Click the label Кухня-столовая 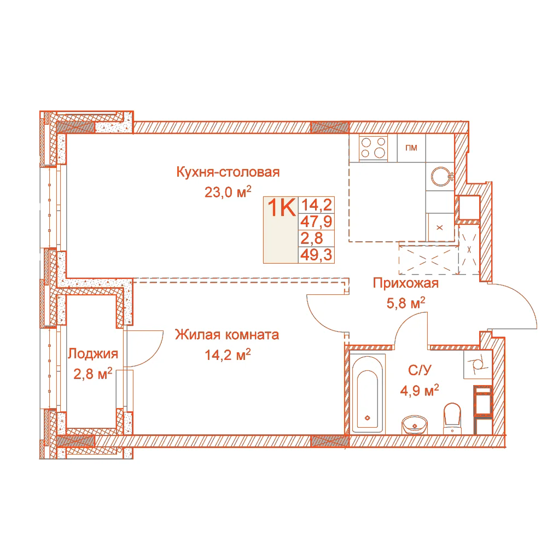coord(228,172)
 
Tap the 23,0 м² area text coord(228,192)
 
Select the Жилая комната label coord(227,335)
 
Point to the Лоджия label coord(93,354)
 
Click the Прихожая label coord(405,283)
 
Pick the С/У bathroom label coord(420,370)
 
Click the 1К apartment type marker coord(282,207)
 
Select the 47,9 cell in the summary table coord(316,222)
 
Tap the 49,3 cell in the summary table coord(316,255)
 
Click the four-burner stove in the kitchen coord(373,148)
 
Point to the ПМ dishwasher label coord(411,148)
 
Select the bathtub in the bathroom coord(368,393)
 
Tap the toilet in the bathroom coord(452,418)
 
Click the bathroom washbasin coord(415,424)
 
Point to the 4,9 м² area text coord(420,391)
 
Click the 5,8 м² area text coord(406,303)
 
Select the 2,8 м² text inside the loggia coord(93,374)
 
